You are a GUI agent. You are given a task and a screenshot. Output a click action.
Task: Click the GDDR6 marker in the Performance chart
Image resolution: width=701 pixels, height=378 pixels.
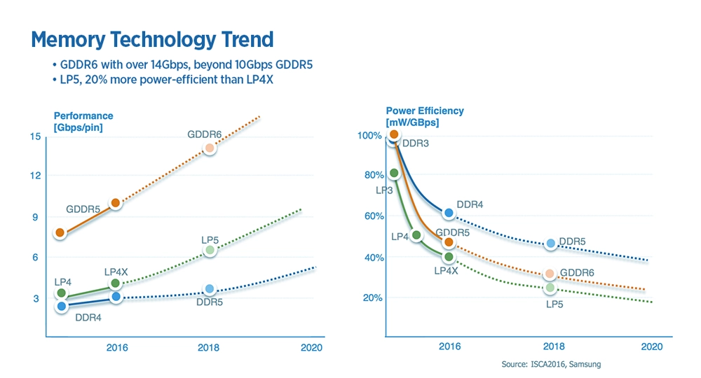209,148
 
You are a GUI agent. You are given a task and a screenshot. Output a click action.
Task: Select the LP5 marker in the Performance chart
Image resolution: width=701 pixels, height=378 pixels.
210,250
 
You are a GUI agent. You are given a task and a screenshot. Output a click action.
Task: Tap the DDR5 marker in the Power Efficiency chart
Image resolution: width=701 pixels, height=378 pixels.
551,244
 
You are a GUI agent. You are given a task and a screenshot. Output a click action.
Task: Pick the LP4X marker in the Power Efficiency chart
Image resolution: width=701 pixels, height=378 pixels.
449,257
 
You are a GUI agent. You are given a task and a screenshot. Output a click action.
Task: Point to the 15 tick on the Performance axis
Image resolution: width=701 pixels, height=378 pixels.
35,136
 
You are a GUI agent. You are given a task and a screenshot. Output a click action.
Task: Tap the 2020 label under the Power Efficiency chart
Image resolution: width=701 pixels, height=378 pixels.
652,347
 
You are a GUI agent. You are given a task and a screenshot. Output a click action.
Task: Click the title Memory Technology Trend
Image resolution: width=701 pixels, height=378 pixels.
152,39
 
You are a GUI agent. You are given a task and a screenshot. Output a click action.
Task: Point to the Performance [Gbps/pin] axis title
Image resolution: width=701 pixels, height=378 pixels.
83,121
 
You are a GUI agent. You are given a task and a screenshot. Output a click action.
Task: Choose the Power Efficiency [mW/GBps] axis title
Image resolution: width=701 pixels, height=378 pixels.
425,116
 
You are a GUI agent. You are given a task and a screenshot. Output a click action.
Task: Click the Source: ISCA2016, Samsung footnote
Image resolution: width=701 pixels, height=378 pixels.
551,365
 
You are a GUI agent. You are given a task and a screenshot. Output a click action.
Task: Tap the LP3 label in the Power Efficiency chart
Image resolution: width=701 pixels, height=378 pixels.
384,190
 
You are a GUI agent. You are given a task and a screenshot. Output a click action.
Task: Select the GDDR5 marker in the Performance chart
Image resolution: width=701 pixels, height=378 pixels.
116,203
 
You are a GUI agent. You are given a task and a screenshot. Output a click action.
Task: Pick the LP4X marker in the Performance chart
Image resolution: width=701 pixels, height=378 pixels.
116,283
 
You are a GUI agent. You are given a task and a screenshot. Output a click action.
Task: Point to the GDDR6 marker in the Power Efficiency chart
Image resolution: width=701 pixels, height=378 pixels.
550,274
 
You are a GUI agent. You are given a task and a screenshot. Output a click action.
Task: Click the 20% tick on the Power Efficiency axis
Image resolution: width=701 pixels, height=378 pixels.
372,298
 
